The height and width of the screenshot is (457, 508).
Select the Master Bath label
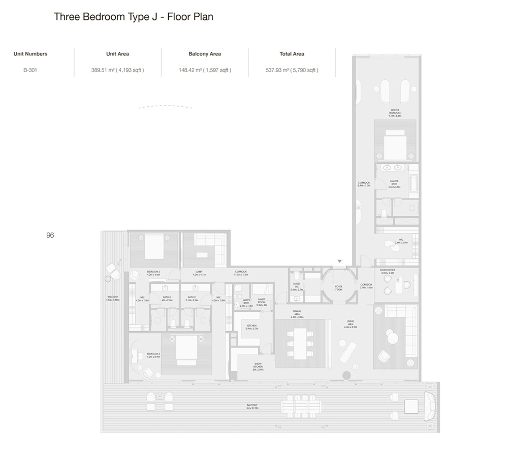[x=394, y=183]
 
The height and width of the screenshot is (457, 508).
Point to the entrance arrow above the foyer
[x=340, y=262]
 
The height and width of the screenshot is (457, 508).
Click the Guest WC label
[x=297, y=287]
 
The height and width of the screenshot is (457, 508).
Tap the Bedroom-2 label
[x=153, y=355]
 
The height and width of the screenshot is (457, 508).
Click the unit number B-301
[x=30, y=70]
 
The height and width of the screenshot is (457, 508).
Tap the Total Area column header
[x=292, y=54]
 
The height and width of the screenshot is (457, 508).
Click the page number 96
[x=50, y=235]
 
